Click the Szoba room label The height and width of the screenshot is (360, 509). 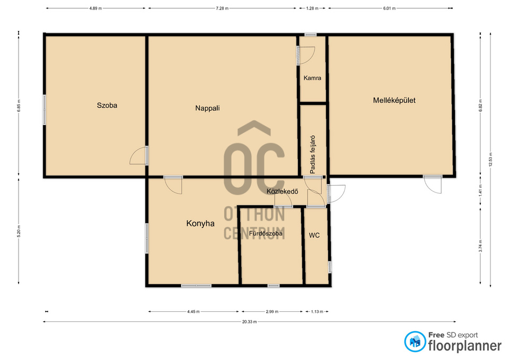pyautogui.click(x=107, y=105)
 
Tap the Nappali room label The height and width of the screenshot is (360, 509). pyautogui.click(x=207, y=108)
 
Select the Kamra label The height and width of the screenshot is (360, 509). pyautogui.click(x=312, y=78)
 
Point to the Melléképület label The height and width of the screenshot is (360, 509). pyautogui.click(x=394, y=100)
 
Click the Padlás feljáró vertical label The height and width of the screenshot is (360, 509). pyautogui.click(x=313, y=154)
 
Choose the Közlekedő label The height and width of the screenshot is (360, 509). pyautogui.click(x=283, y=191)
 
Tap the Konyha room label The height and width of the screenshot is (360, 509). pyautogui.click(x=200, y=223)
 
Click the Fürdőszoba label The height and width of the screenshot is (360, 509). pyautogui.click(x=266, y=233)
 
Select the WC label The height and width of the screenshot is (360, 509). pyautogui.click(x=314, y=235)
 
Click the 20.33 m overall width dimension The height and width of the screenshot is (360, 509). pyautogui.click(x=249, y=322)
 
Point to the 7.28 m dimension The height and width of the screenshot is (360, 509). pyautogui.click(x=222, y=8)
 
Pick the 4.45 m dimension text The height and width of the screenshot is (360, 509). pyautogui.click(x=194, y=312)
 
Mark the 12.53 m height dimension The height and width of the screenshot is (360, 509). pyautogui.click(x=490, y=160)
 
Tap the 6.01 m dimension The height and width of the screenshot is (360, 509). pyautogui.click(x=389, y=8)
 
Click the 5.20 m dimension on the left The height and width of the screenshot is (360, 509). pyautogui.click(x=19, y=231)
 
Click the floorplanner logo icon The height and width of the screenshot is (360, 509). pyautogui.click(x=415, y=341)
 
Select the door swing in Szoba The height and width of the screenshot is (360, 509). pyautogui.click(x=138, y=156)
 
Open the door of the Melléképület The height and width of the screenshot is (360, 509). pyautogui.click(x=433, y=185)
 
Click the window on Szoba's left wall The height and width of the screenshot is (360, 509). pyautogui.click(x=45, y=110)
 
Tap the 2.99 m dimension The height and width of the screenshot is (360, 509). pyautogui.click(x=272, y=312)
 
